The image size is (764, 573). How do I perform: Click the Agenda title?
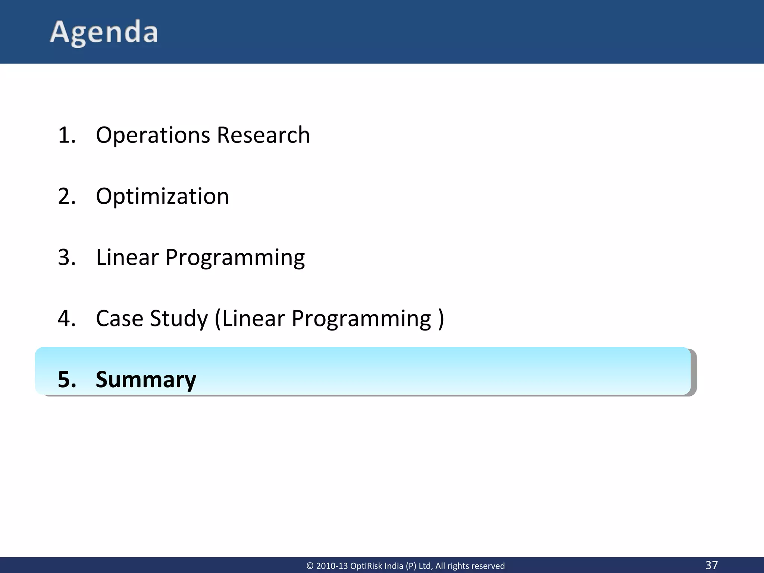[104, 32]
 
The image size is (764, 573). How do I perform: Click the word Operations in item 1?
[152, 135]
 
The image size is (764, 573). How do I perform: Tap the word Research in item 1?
[263, 135]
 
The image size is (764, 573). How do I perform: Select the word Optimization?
[162, 196]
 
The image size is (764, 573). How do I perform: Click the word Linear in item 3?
[127, 257]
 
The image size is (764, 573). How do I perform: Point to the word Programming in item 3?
[235, 258]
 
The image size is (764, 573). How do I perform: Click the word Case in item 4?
[119, 319]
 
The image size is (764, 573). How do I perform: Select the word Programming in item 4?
[361, 319]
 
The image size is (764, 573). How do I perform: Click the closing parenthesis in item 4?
[441, 319]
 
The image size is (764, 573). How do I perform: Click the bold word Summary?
[146, 380]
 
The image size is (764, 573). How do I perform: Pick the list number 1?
[66, 135]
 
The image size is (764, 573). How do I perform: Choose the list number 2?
[66, 196]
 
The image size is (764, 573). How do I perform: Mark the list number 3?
[66, 257]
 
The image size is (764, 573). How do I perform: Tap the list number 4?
[66, 319]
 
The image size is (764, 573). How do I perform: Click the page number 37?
[711, 565]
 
